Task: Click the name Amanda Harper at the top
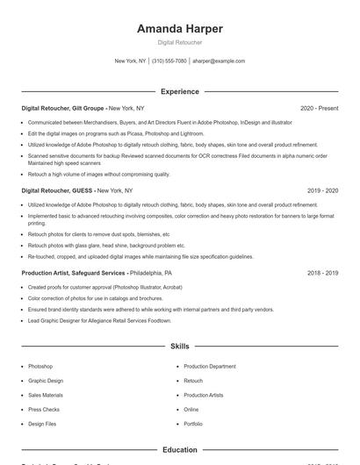[179, 29]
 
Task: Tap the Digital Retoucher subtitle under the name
[179, 42]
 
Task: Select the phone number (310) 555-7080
[169, 61]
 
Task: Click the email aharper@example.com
[219, 61]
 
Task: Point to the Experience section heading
[179, 91]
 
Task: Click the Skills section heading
[179, 347]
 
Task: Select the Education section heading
[179, 450]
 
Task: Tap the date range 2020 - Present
[319, 108]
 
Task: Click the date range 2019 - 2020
[322, 190]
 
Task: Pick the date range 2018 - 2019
[322, 273]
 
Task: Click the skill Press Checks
[44, 409]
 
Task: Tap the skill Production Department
[209, 366]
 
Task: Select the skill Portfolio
[193, 424]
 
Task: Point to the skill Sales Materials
[46, 395]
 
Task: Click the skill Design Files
[42, 424]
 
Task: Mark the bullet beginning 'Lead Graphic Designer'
[99, 321]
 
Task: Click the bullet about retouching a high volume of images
[98, 175]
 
